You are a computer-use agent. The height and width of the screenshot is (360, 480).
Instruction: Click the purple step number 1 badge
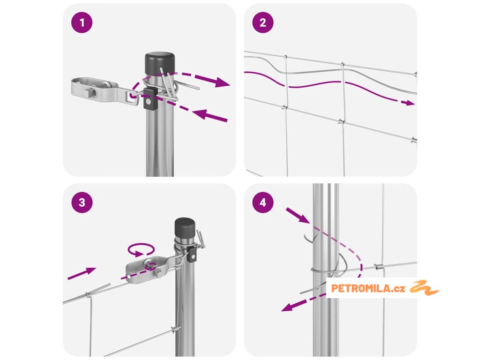(82, 22)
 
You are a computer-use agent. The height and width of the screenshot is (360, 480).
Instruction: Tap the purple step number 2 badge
(262, 22)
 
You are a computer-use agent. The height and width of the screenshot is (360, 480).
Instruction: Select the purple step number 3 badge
(82, 202)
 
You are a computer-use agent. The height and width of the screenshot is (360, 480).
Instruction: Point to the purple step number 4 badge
(262, 202)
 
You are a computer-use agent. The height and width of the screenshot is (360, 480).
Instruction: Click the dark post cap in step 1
(159, 64)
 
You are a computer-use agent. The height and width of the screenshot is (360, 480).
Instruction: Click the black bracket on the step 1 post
(150, 98)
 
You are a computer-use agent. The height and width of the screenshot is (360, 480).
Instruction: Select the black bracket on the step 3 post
(192, 254)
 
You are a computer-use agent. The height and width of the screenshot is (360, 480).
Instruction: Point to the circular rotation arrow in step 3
(141, 249)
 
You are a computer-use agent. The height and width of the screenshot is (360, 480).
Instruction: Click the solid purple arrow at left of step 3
(82, 273)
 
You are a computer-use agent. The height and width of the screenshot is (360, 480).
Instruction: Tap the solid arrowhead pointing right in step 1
(222, 82)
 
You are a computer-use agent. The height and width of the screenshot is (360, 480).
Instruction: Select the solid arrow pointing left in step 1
(210, 116)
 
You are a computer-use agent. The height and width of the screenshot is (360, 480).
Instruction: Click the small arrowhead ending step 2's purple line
(408, 103)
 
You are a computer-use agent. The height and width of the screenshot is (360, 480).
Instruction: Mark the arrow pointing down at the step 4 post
(298, 216)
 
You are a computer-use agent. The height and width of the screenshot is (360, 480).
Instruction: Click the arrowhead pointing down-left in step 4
(289, 307)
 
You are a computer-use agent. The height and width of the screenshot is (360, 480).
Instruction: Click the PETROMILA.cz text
(368, 288)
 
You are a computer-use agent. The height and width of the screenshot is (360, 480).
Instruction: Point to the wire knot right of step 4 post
(379, 267)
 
